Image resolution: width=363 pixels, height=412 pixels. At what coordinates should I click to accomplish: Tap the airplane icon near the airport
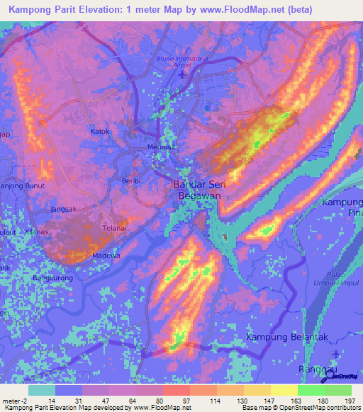tap(184, 73)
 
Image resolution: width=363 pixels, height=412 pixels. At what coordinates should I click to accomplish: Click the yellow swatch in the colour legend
tap(284, 389)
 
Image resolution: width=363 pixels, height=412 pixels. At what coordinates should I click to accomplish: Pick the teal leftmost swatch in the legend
tap(42, 389)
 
